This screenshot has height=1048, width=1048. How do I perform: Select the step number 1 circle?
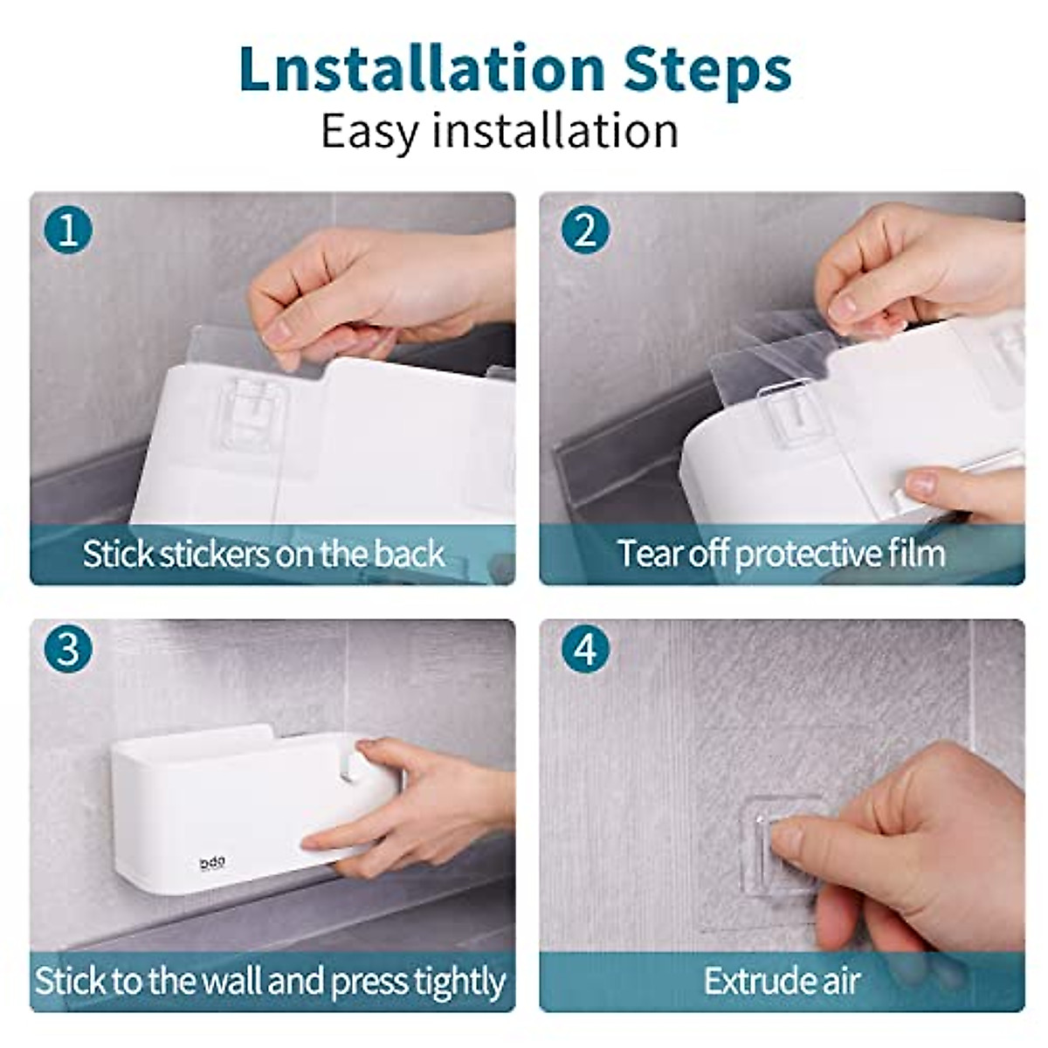point(68,231)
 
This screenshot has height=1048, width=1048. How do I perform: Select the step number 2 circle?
point(585,231)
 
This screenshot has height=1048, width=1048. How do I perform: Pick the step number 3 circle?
point(68,652)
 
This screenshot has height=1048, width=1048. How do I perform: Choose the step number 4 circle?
point(585,652)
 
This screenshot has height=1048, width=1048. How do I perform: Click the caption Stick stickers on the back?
point(264,554)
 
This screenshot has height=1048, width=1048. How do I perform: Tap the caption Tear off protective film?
point(781,554)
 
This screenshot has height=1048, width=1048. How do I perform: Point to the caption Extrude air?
point(781,981)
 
